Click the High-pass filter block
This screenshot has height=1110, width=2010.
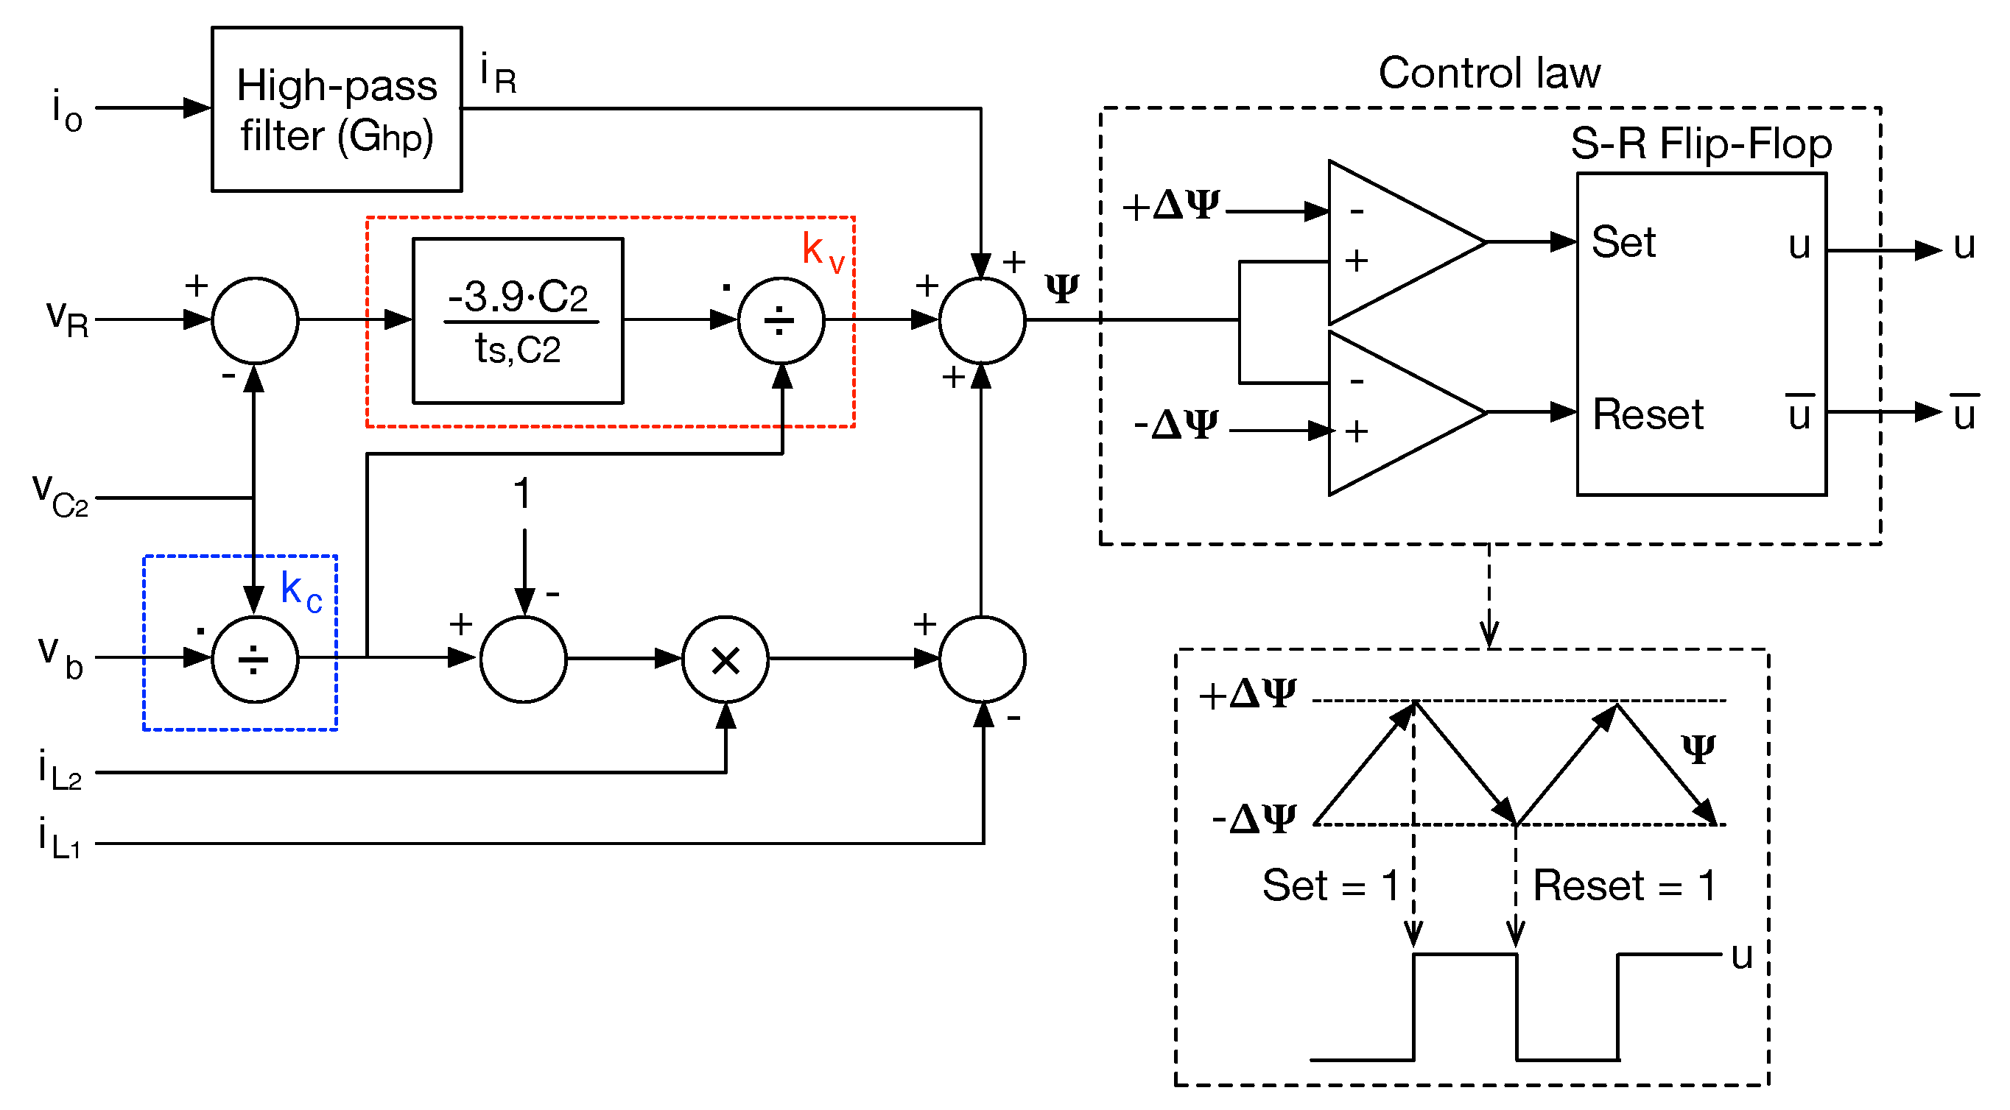(337, 109)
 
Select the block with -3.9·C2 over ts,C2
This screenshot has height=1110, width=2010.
(517, 321)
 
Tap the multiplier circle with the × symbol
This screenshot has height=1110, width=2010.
(725, 661)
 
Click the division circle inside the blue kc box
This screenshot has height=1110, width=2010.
(254, 661)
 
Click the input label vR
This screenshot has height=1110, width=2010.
(67, 318)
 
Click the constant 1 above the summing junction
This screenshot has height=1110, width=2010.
(522, 494)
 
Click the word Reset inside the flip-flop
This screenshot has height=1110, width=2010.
(1646, 414)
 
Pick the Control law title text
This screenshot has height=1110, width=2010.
(1488, 74)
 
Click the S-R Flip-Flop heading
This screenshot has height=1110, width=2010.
(1700, 144)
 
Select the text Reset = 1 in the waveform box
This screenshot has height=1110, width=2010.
(1624, 885)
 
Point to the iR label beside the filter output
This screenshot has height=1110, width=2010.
(498, 74)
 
